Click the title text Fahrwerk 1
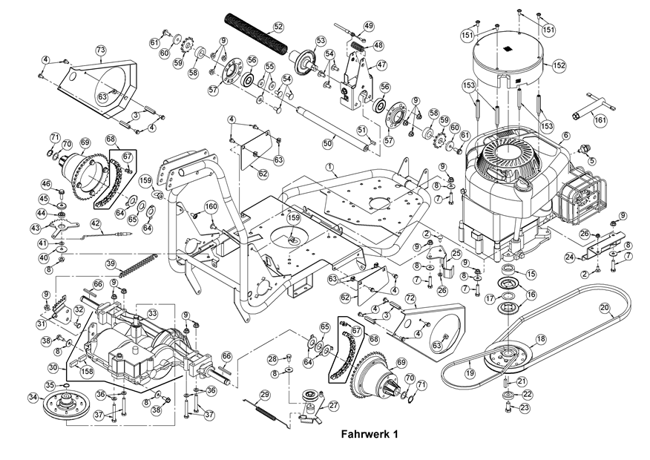(370, 435)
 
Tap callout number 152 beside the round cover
(559, 66)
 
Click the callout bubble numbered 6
(566, 136)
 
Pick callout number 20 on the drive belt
(604, 307)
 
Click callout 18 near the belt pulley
(540, 339)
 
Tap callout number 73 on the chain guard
(101, 50)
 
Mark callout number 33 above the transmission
(151, 314)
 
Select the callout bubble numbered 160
(211, 206)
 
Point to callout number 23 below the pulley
(525, 407)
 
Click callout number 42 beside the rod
(96, 223)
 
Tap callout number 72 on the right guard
(409, 297)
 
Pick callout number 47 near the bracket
(382, 65)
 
